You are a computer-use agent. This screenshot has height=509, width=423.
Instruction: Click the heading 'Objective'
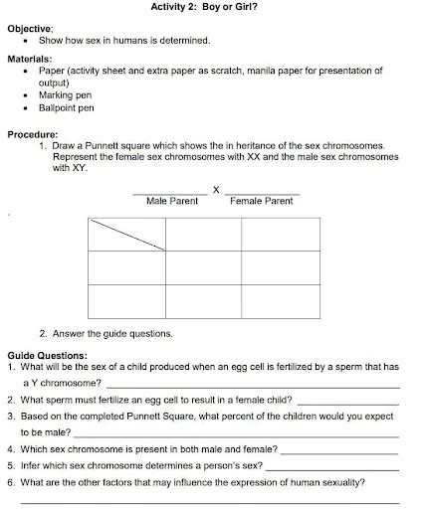pyautogui.click(x=31, y=29)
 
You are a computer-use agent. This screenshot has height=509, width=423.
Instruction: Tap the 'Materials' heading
pyautogui.click(x=31, y=60)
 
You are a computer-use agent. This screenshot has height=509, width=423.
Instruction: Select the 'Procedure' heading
pyautogui.click(x=33, y=133)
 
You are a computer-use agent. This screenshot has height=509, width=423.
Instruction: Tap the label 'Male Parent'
pyautogui.click(x=172, y=201)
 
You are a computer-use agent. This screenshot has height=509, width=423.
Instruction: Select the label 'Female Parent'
pyautogui.click(x=261, y=201)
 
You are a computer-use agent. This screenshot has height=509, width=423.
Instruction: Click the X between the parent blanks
pyautogui.click(x=215, y=189)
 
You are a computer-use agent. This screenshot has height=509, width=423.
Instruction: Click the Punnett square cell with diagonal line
pyautogui.click(x=126, y=234)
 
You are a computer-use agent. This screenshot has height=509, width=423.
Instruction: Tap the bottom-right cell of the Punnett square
pyautogui.click(x=280, y=301)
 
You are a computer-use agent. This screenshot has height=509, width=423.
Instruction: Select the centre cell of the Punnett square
pyautogui.click(x=203, y=267)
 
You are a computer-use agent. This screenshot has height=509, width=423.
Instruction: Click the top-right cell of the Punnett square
pyautogui.click(x=280, y=234)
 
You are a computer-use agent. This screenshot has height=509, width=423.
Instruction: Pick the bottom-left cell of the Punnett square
pyautogui.click(x=126, y=301)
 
